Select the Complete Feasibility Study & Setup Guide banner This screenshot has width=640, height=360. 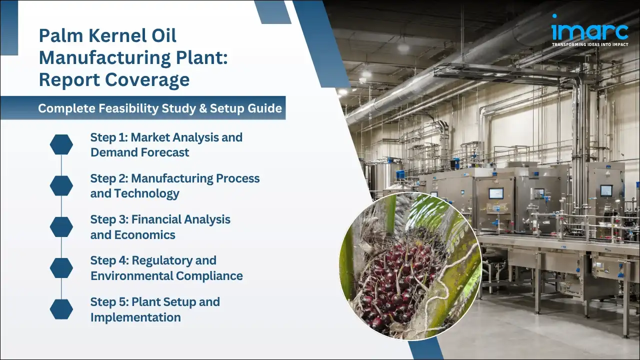[x=160, y=108]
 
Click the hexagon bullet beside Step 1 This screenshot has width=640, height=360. [x=61, y=144]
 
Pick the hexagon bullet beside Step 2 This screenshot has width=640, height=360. [x=61, y=185]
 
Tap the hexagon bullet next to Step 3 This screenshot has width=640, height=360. [x=61, y=226]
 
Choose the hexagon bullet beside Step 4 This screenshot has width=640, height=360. [x=61, y=268]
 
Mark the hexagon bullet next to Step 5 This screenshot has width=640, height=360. [x=61, y=309]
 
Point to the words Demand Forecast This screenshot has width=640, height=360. [x=139, y=152]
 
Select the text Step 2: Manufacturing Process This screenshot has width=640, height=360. [x=174, y=178]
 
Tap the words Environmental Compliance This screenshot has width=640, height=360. [x=166, y=276]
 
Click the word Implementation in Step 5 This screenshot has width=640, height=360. [x=135, y=317]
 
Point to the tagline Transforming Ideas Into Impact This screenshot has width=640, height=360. [x=589, y=44]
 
